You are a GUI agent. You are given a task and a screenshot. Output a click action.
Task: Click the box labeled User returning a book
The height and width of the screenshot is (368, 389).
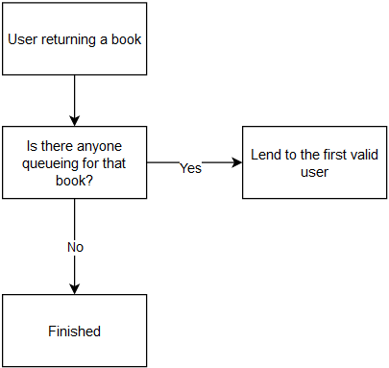[74, 39]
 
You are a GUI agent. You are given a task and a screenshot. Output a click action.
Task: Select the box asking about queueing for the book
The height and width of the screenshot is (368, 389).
[74, 162]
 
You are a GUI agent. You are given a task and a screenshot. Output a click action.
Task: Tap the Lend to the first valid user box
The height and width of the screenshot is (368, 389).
[314, 162]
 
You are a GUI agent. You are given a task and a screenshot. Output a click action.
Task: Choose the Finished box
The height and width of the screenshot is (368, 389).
[74, 331]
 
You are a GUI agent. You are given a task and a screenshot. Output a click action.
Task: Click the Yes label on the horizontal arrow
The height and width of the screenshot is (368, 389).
[190, 168]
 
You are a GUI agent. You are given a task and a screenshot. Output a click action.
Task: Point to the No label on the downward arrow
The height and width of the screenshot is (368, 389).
[75, 247]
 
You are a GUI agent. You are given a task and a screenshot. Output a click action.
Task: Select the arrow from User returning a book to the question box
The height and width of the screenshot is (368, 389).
[74, 100]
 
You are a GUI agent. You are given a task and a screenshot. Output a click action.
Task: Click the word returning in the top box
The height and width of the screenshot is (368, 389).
[72, 39]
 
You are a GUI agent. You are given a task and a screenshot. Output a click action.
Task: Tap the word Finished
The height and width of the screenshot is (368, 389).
[74, 331]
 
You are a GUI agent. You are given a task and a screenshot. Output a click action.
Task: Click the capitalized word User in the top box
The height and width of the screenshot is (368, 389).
[25, 39]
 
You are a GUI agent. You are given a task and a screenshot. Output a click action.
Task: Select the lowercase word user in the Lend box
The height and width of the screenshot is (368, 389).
[313, 171]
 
